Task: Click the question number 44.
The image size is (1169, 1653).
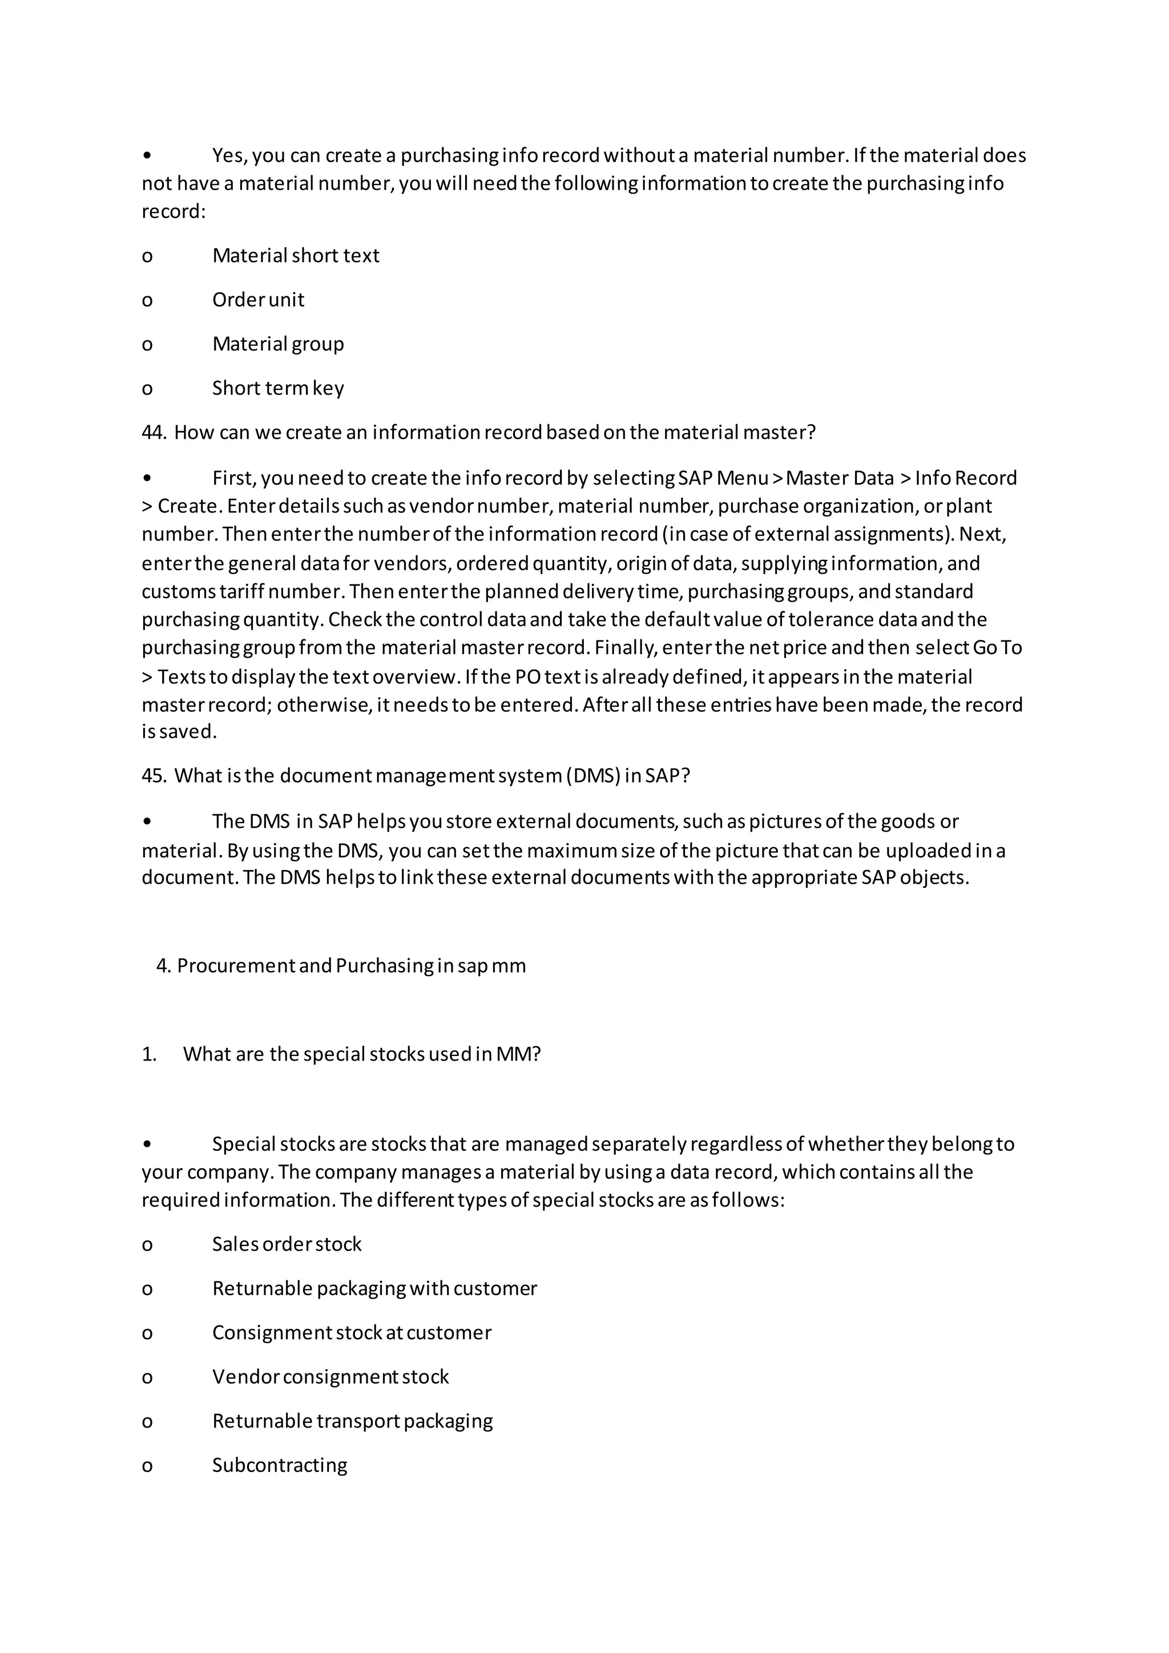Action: [x=154, y=433]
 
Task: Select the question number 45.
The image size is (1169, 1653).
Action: [x=154, y=776]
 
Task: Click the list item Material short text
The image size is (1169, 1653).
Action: [x=295, y=256]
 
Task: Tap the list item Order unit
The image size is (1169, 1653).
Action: [x=257, y=300]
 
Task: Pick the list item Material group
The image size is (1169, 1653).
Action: [x=278, y=344]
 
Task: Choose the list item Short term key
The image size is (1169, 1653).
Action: [x=278, y=388]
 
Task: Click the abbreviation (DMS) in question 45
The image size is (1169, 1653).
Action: [x=593, y=776]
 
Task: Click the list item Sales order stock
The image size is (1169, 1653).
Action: [x=287, y=1244]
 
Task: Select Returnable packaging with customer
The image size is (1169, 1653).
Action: [x=374, y=1288]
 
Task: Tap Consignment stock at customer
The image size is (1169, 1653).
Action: [x=351, y=1333]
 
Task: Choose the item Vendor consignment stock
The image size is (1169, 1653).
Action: [x=330, y=1377]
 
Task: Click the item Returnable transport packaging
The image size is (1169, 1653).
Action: [x=352, y=1421]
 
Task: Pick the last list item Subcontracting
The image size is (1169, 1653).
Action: [x=279, y=1465]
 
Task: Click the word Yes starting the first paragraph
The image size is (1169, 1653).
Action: [x=229, y=155]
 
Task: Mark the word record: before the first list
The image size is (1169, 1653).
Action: [x=174, y=212]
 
